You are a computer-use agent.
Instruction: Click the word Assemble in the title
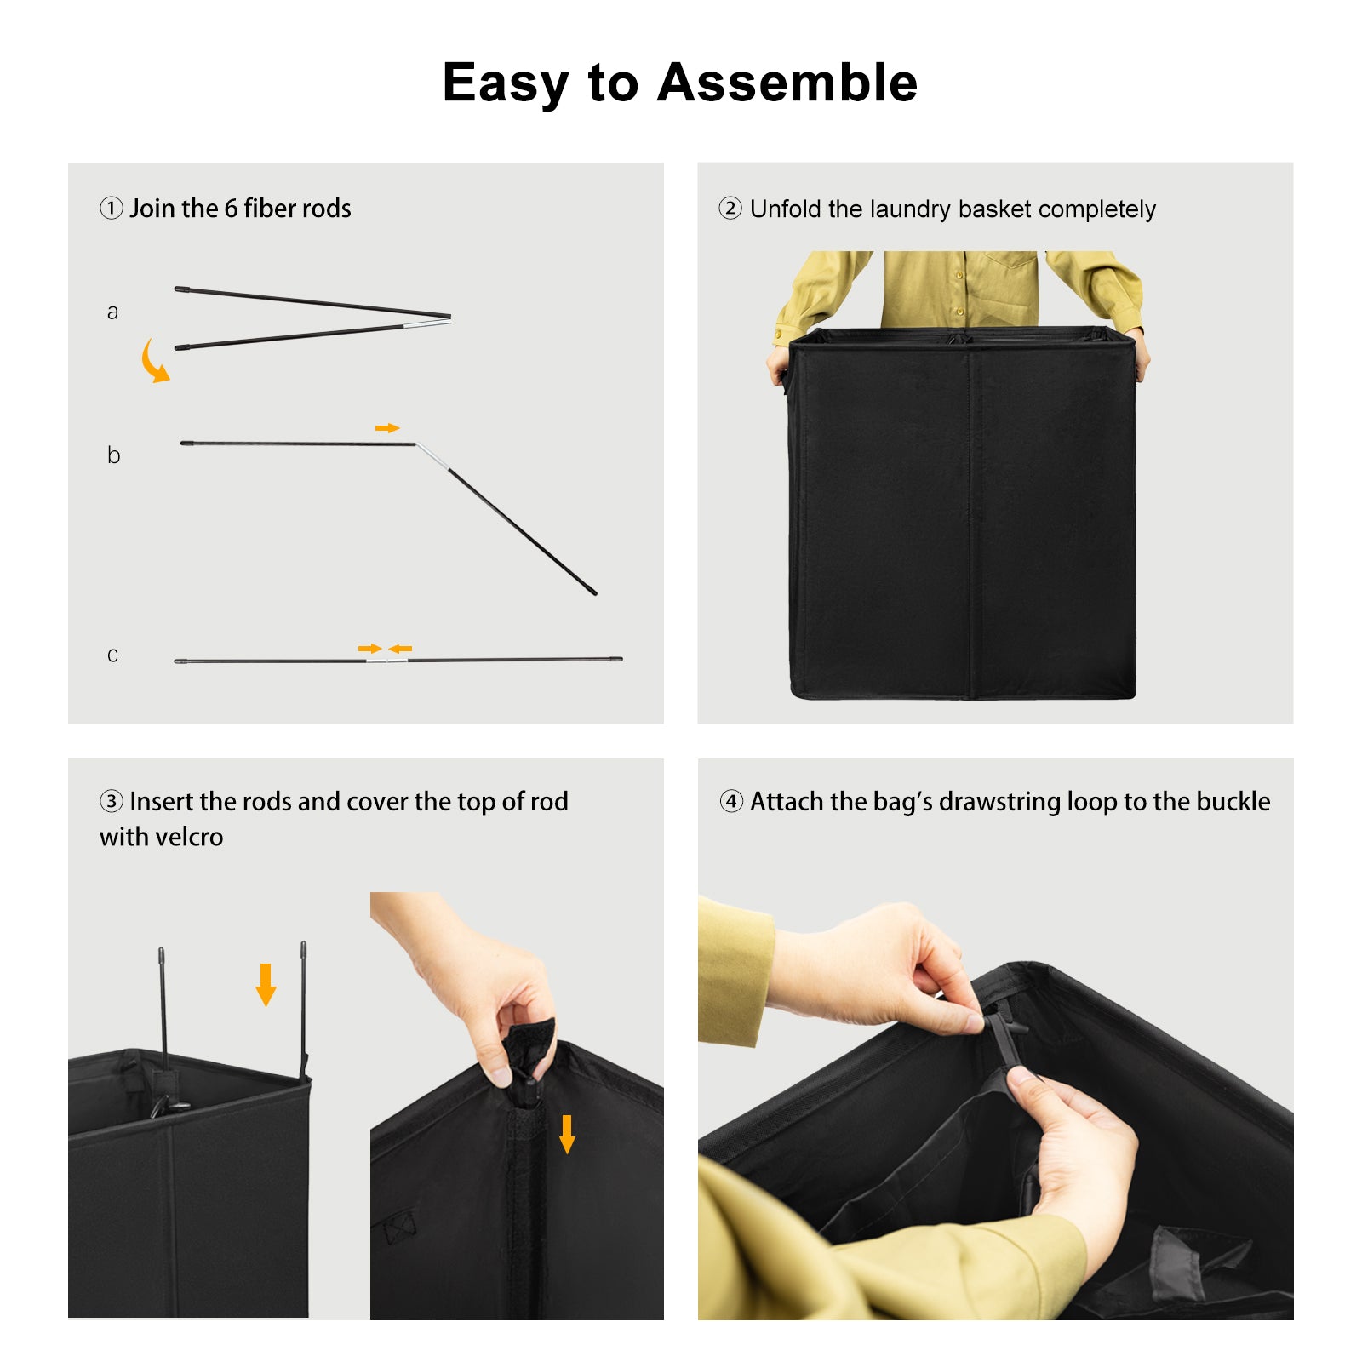click(x=787, y=83)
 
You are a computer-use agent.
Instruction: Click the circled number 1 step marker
click(x=112, y=208)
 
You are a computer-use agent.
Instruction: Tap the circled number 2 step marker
click(x=730, y=208)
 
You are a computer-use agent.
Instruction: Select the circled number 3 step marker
click(x=112, y=801)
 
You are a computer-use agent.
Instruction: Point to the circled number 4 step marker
click(x=731, y=801)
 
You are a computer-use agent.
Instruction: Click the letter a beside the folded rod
click(x=112, y=312)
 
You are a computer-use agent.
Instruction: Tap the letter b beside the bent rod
click(x=113, y=455)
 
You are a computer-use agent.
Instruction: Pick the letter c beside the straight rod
click(x=112, y=655)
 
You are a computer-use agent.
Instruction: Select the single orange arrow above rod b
click(x=387, y=428)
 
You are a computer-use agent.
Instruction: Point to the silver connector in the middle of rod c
click(x=387, y=660)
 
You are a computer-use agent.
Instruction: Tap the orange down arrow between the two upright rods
click(x=266, y=985)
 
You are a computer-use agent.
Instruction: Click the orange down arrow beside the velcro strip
click(x=567, y=1134)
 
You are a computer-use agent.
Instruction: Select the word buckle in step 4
click(x=1233, y=801)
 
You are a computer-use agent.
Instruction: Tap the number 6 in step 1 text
click(x=231, y=209)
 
